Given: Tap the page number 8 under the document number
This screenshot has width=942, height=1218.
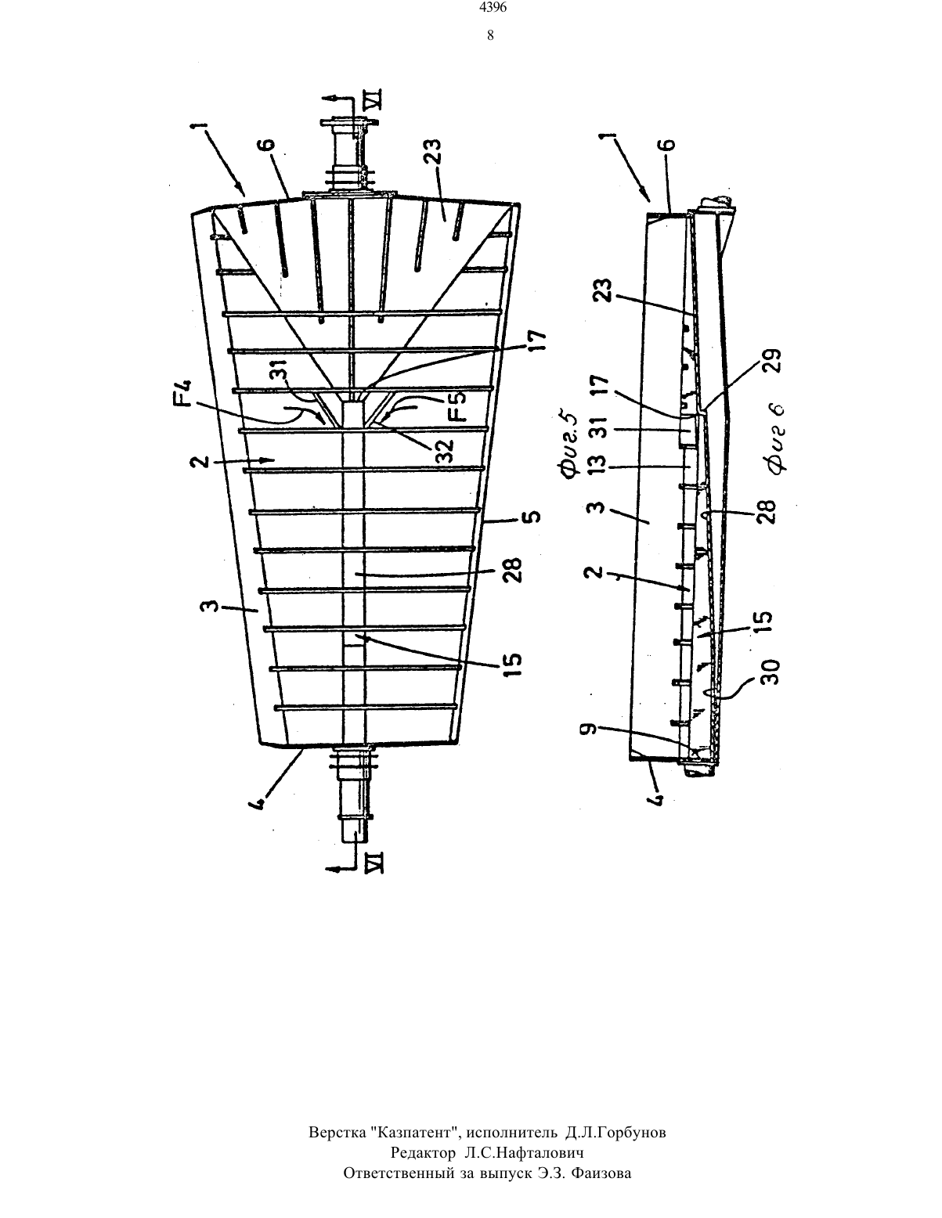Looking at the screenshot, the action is click(490, 35).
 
